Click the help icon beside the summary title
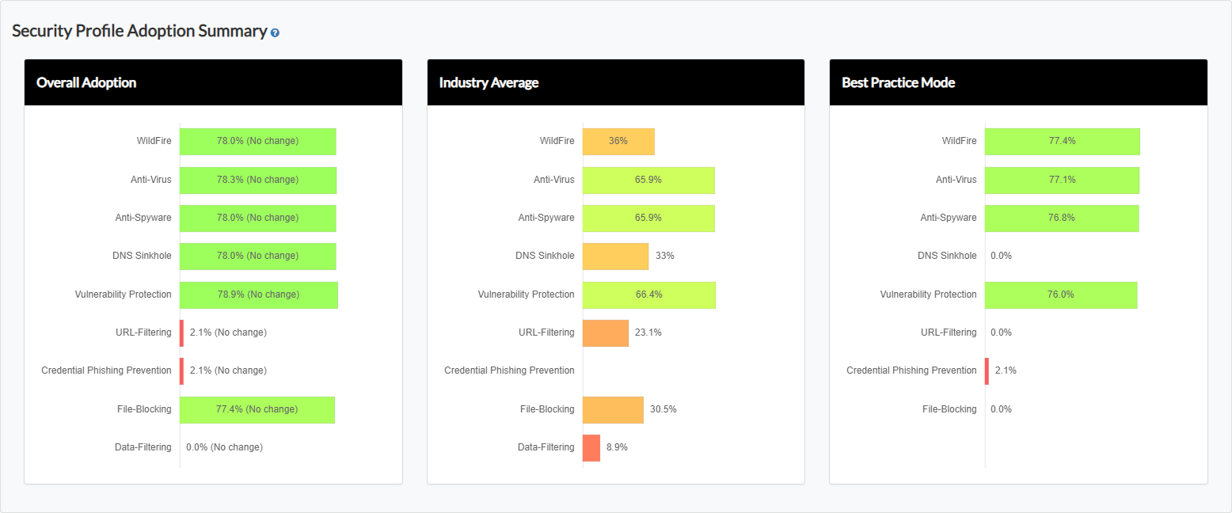275,33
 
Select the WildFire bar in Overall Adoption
258,141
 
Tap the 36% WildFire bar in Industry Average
618,141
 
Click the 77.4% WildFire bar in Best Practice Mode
1062,141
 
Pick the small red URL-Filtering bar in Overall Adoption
182,332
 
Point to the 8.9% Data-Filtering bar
591,447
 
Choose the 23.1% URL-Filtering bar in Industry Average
606,332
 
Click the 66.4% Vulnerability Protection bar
648,294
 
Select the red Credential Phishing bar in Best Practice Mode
987,370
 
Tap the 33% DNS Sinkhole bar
615,256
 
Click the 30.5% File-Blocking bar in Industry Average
613,409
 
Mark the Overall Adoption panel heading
86,82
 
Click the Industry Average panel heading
489,82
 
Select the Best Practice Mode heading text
898,82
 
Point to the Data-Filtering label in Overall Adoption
143,447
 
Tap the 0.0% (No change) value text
224,447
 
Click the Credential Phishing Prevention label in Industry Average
509,370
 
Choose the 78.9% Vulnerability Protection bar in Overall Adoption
258,294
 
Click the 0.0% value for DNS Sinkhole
1001,256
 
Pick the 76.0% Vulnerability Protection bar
1061,294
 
